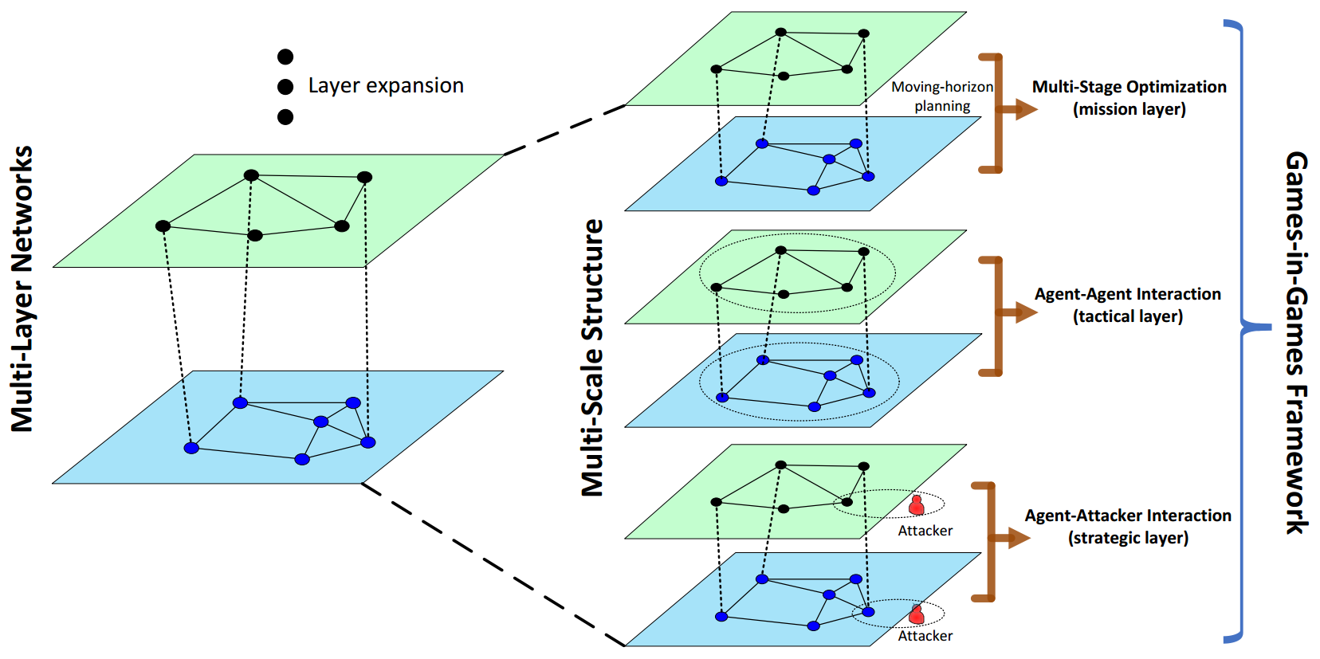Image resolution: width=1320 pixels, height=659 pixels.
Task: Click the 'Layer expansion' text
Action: point(386,86)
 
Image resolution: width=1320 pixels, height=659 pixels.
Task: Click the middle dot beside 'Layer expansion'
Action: point(285,86)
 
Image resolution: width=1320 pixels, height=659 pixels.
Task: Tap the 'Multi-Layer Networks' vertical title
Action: point(22,288)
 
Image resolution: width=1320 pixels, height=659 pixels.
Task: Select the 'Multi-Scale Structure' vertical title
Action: point(592,358)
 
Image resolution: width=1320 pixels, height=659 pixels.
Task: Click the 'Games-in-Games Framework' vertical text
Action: point(1296,343)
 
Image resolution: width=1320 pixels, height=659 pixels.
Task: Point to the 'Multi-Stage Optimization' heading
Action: point(1129,87)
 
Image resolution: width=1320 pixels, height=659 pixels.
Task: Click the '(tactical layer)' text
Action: point(1127,316)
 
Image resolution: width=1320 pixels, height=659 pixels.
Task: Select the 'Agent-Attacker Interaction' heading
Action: point(1127,516)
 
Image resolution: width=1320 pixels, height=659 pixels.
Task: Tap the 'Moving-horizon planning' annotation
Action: point(942,96)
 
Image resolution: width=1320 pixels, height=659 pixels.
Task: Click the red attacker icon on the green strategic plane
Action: point(917,505)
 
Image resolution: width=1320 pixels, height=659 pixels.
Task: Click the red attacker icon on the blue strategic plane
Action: point(917,614)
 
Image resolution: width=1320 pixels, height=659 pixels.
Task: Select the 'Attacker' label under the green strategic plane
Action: point(925,531)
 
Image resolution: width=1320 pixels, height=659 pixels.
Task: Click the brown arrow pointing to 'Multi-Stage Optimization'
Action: point(1020,110)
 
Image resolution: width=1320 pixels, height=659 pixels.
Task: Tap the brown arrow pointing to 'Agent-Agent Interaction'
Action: point(1020,312)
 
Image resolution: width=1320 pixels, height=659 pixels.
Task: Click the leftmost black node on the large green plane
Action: point(163,226)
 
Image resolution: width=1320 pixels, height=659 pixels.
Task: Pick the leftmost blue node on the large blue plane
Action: point(191,448)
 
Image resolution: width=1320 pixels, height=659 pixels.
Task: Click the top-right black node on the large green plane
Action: point(364,177)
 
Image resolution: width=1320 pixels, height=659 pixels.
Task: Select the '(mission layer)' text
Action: point(1129,109)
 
